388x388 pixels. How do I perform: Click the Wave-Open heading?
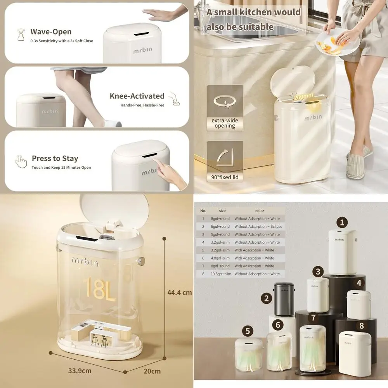[x=51, y=32]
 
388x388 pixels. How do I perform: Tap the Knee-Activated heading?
[x=137, y=96]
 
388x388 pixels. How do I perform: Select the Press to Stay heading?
[x=55, y=158]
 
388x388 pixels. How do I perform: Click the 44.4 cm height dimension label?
[x=179, y=293]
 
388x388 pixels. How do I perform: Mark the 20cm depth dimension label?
[x=152, y=371]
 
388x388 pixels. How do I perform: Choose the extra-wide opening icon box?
[x=225, y=107]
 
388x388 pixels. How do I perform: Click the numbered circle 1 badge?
[x=342, y=222]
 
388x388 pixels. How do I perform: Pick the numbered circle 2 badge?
[x=266, y=298]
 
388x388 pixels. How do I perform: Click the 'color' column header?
[x=260, y=211]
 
